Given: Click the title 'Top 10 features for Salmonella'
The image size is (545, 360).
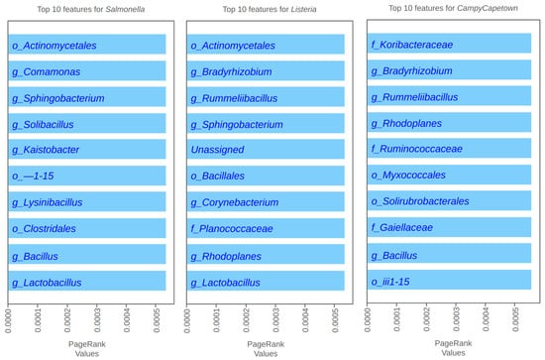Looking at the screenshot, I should click(x=88, y=9).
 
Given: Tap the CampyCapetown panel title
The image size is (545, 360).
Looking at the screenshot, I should click(x=446, y=9).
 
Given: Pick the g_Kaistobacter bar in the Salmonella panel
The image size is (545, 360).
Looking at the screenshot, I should click(x=87, y=151).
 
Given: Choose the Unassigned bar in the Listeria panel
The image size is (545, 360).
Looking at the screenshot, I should click(x=266, y=151).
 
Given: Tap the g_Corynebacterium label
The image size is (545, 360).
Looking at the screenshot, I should click(x=234, y=203).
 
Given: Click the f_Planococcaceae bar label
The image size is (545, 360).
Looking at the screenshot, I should click(x=235, y=229).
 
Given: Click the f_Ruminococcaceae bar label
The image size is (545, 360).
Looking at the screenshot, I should click(x=416, y=151).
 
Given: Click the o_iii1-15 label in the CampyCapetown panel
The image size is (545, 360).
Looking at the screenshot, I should click(x=394, y=282).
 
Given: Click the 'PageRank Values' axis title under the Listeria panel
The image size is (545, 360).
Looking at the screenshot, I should click(x=266, y=346).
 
